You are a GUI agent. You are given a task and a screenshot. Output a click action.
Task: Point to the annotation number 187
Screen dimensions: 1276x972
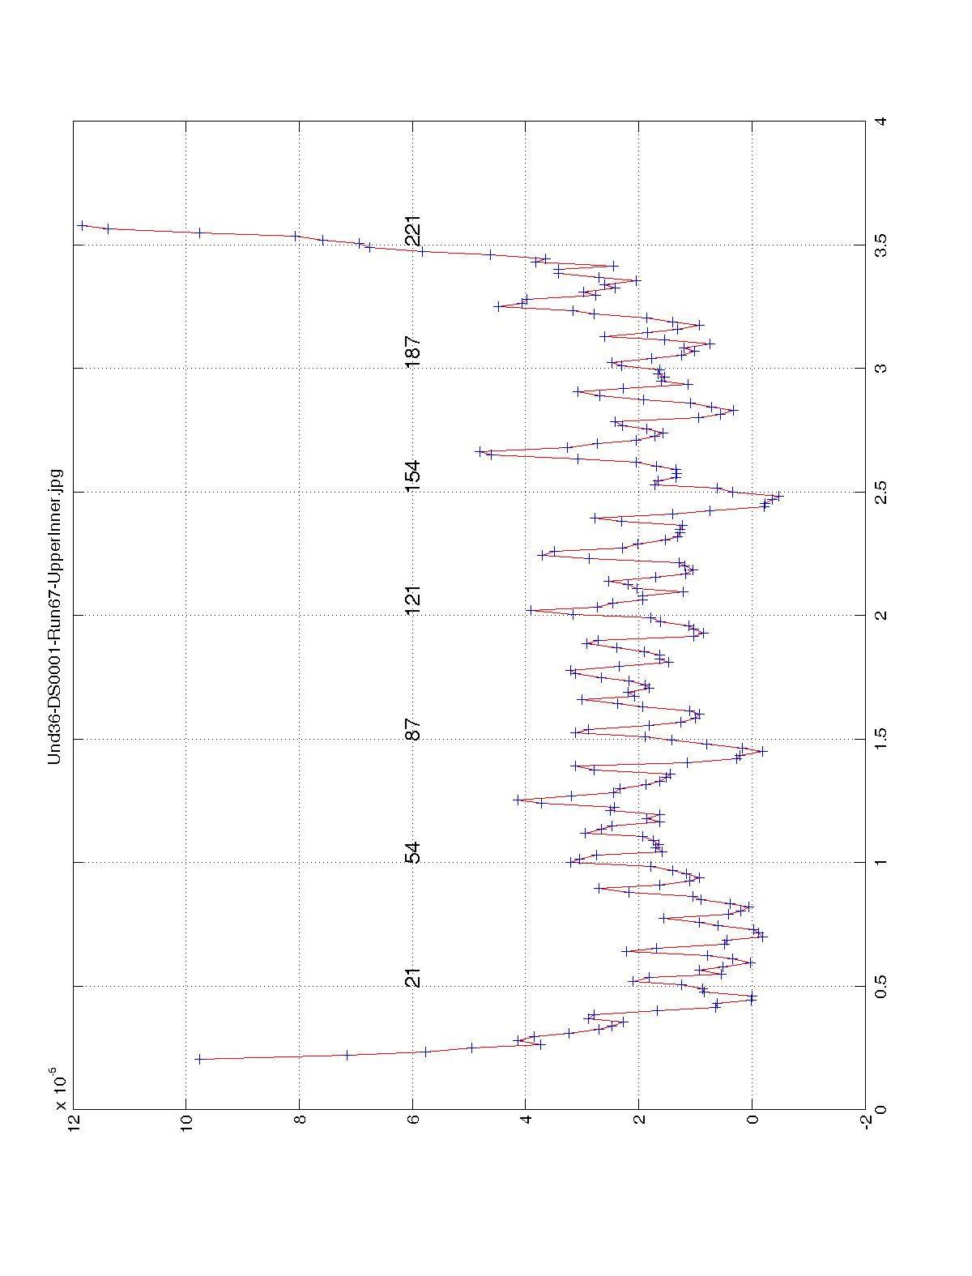pyautogui.click(x=413, y=352)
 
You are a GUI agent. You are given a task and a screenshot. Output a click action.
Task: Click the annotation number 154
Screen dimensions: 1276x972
pyautogui.click(x=413, y=476)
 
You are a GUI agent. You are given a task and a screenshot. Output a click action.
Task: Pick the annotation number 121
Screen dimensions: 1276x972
pyautogui.click(x=413, y=600)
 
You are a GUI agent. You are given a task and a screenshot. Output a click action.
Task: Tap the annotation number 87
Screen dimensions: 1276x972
pyautogui.click(x=413, y=729)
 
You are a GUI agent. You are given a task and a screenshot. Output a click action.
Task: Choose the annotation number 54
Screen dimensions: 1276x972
pyautogui.click(x=413, y=853)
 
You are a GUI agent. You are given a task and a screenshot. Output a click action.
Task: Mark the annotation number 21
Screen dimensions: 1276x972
pyautogui.click(x=413, y=977)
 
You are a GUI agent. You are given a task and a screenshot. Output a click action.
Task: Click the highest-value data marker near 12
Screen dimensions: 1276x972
pyautogui.click(x=82, y=225)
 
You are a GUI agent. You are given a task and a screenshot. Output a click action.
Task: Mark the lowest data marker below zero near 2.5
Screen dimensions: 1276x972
pyautogui.click(x=779, y=496)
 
